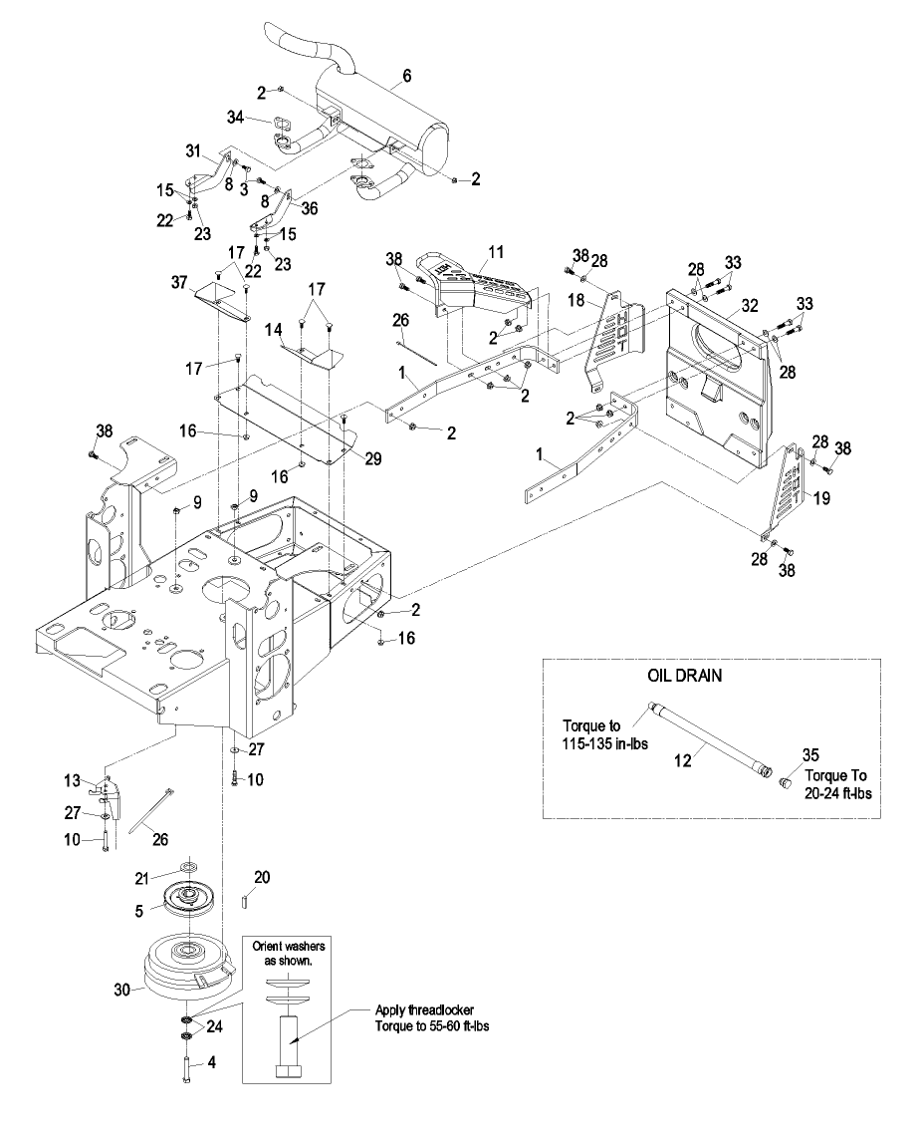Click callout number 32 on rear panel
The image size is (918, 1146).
pyautogui.click(x=749, y=305)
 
